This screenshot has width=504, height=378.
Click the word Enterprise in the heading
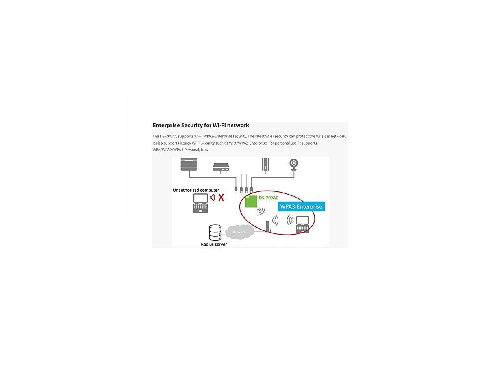(166, 125)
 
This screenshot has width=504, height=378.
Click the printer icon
(189, 164)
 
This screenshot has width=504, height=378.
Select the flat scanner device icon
(221, 167)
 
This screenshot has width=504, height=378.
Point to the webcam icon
(294, 165)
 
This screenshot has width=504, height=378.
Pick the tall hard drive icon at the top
(266, 164)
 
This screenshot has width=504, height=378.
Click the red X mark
(221, 197)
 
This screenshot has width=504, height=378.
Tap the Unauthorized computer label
(196, 190)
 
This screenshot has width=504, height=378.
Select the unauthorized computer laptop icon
(200, 203)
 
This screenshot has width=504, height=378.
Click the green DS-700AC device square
(251, 201)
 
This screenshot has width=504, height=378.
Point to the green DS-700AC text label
(269, 198)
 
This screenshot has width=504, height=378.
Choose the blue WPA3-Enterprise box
(301, 207)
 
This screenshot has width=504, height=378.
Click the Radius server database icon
(215, 232)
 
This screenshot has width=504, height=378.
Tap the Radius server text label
(214, 244)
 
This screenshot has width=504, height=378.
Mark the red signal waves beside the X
(212, 197)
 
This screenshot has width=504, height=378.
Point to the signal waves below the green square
(261, 211)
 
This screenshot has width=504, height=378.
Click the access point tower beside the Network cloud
(267, 226)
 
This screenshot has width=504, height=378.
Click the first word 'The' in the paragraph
(156, 136)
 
